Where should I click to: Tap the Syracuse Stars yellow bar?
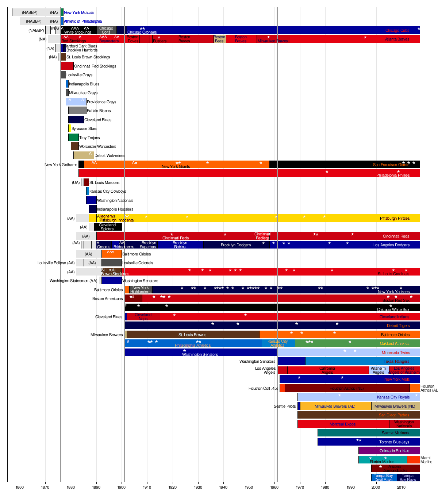click(x=69, y=128)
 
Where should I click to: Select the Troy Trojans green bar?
click(x=73, y=138)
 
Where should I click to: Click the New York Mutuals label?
click(x=79, y=12)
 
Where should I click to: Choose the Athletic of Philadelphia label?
click(x=82, y=22)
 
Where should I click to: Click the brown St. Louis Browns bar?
click(x=193, y=334)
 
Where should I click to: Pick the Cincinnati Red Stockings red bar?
click(x=67, y=66)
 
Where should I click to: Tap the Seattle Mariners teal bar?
click(x=369, y=433)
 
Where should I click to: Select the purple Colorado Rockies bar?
click(x=389, y=451)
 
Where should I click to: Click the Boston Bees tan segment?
click(x=219, y=39)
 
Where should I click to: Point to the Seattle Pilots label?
click(x=285, y=406)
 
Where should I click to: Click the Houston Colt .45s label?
click(x=263, y=388)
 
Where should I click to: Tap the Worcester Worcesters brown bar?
click(x=75, y=146)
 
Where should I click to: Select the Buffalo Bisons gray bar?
click(x=77, y=111)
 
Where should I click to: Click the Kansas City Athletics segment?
click(x=278, y=343)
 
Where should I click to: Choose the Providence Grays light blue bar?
click(x=76, y=102)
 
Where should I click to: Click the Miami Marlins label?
click(x=426, y=460)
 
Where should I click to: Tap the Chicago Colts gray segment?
click(x=106, y=30)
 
